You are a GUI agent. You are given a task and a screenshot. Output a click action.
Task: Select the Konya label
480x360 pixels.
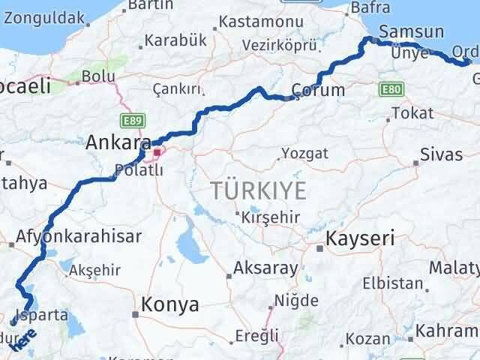(170, 304)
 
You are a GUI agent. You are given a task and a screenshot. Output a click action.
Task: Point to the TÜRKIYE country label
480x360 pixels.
(259, 190)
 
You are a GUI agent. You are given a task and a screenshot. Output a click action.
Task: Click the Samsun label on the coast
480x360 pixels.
(411, 32)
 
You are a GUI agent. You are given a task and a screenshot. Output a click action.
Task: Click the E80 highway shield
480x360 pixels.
(391, 88)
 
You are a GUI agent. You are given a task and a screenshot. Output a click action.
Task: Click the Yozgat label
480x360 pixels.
(304, 154)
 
